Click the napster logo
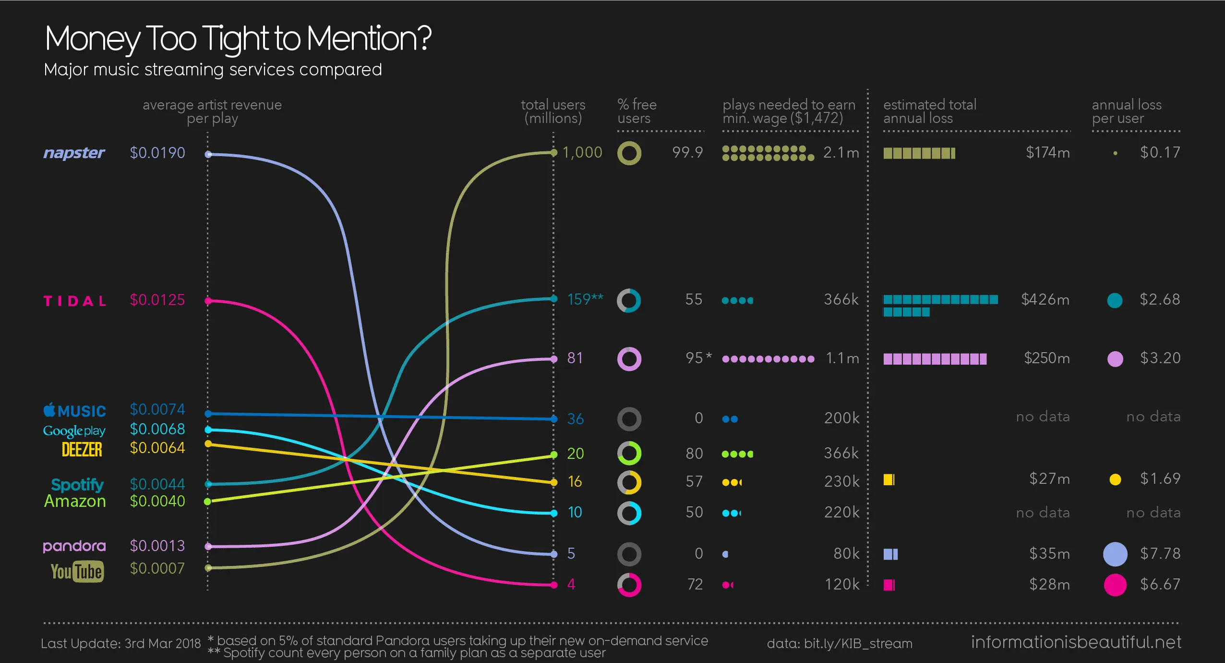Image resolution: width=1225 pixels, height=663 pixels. (74, 153)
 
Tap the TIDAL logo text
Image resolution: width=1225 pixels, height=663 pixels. (74, 301)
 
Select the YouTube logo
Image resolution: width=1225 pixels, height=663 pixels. (77, 571)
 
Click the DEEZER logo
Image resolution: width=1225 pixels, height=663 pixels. (82, 450)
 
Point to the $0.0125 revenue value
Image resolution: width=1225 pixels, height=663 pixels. (157, 300)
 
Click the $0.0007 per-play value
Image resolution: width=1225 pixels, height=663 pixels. (157, 568)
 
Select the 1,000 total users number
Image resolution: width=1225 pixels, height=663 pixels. (582, 152)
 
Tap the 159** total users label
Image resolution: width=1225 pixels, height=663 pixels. (585, 299)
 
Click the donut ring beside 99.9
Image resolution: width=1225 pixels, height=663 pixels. (629, 153)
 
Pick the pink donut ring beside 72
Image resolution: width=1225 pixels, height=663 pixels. (629, 585)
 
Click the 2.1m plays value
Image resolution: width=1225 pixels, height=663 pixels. (841, 152)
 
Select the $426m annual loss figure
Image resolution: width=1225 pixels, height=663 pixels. (1045, 299)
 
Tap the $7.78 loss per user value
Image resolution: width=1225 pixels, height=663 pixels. (1160, 553)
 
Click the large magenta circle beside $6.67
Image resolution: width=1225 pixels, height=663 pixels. (1115, 585)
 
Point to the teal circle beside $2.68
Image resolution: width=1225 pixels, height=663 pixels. (1115, 300)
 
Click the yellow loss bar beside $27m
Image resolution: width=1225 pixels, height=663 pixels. (889, 479)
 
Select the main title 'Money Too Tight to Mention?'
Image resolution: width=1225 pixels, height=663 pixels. (238, 38)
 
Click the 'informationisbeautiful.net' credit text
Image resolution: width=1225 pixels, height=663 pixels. (1076, 642)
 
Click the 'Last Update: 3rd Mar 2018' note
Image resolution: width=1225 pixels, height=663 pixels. (120, 643)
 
